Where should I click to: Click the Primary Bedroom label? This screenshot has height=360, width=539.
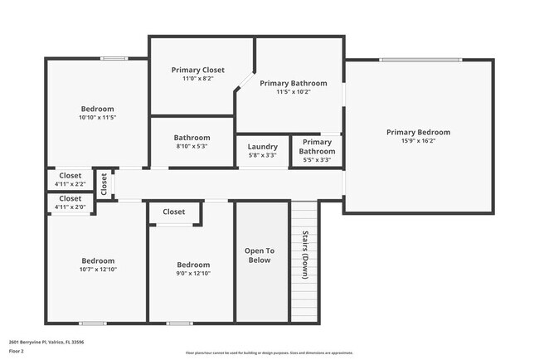(418, 132)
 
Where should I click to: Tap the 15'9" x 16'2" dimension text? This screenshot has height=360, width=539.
(418, 141)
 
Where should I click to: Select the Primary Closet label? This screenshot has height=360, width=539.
(198, 71)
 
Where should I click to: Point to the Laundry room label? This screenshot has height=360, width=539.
(263, 147)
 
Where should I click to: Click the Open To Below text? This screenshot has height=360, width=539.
(260, 255)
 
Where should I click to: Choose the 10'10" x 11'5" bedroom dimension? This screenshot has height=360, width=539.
(97, 118)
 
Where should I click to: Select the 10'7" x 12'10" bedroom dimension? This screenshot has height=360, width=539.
(97, 269)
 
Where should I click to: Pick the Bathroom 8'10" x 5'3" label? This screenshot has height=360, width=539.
(192, 138)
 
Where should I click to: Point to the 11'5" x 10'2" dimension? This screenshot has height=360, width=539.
(293, 92)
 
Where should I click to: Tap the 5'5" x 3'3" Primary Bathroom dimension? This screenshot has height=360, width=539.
(316, 159)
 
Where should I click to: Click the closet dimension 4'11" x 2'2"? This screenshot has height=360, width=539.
(70, 183)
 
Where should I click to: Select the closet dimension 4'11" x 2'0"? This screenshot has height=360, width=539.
(70, 207)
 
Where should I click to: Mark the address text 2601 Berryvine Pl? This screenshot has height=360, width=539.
(46, 341)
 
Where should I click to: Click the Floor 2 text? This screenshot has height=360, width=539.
(17, 351)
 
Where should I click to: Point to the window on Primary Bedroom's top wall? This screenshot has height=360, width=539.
(420, 60)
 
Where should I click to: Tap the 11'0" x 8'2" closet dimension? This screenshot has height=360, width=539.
(198, 79)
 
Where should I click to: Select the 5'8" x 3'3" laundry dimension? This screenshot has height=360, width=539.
(263, 155)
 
